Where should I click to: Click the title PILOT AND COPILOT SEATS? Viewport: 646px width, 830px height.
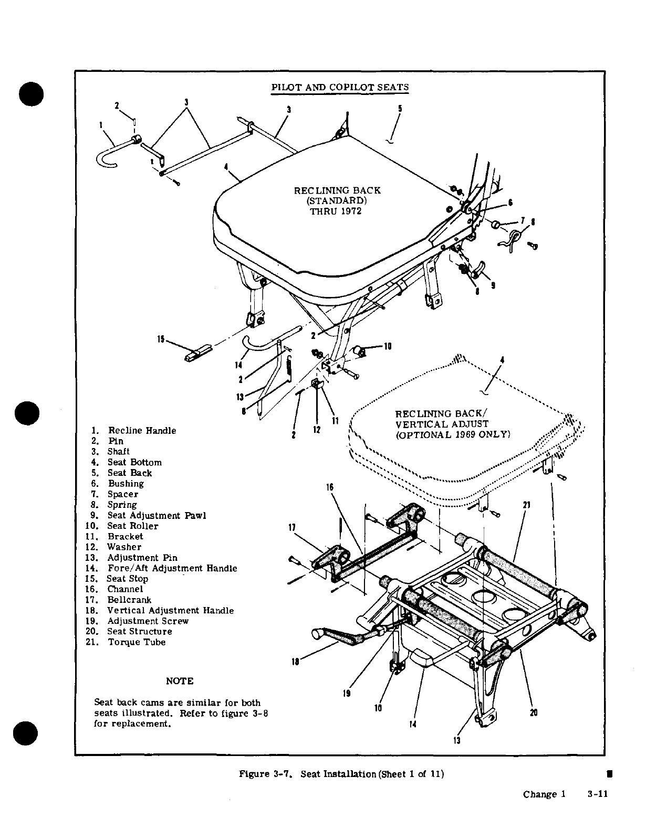(x=340, y=88)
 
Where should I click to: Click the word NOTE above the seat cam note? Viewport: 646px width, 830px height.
(x=180, y=681)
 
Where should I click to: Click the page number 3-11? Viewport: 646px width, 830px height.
(x=597, y=794)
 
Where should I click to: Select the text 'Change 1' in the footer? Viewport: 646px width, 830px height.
(x=544, y=794)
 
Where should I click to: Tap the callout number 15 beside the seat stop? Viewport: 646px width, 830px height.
(x=161, y=339)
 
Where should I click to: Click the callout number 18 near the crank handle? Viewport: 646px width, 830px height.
(x=295, y=662)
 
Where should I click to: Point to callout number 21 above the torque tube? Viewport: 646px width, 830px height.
(x=527, y=505)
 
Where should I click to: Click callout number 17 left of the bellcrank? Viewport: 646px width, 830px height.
(x=293, y=527)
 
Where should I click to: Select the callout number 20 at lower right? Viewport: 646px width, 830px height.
(x=534, y=713)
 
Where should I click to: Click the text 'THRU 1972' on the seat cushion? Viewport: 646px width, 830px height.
(x=336, y=211)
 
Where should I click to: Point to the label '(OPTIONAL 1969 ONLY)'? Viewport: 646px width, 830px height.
(x=452, y=435)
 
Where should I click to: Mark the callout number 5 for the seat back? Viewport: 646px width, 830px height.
(x=400, y=109)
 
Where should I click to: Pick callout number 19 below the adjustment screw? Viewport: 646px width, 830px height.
(x=346, y=693)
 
